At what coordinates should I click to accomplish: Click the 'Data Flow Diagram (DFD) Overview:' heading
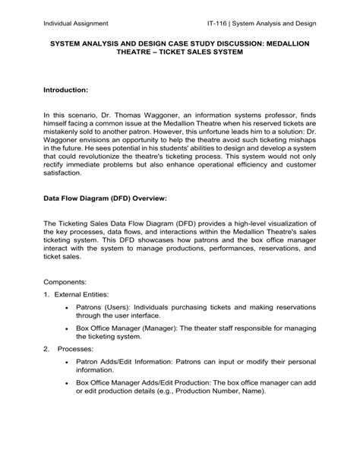pos(104,220)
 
